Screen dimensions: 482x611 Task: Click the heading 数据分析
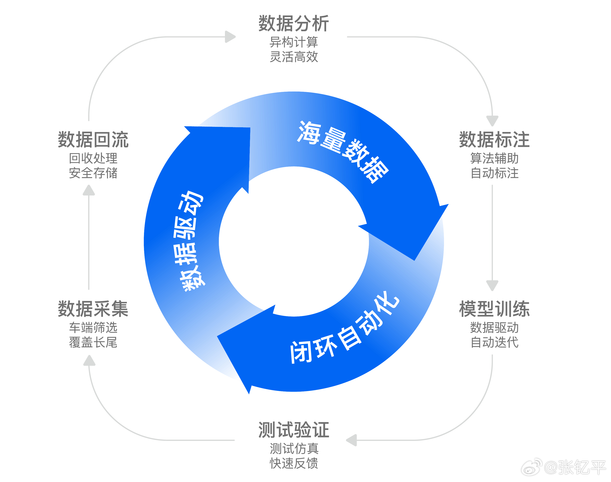coord(294,24)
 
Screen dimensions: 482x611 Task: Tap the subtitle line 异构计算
coord(294,42)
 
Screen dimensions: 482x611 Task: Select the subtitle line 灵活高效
coord(294,57)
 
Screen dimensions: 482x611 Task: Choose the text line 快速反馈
coord(294,463)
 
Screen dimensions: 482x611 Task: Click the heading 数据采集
coord(93,309)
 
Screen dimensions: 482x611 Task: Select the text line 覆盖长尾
coord(93,342)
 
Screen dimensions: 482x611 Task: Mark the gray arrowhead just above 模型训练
coord(492,285)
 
